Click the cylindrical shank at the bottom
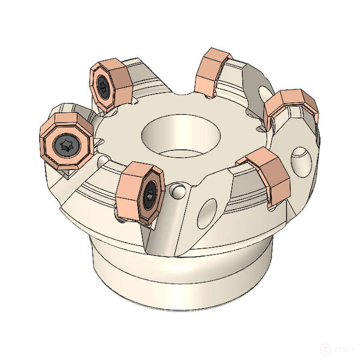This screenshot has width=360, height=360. pyautogui.click(x=180, y=279)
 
